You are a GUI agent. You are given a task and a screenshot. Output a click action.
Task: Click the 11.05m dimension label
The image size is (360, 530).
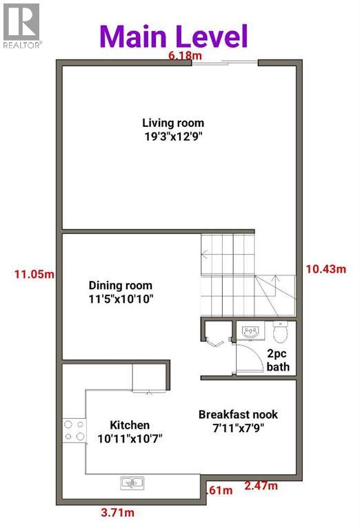(34, 274)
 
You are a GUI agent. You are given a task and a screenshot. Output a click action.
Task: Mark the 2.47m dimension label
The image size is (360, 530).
(261, 487)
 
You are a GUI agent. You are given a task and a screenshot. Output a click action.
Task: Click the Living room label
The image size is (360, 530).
(173, 124)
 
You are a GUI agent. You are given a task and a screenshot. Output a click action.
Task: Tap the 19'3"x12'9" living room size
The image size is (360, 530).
(173, 136)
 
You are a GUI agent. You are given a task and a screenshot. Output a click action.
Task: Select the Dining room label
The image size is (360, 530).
(120, 286)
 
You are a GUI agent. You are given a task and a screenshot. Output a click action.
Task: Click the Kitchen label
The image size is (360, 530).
(130, 425)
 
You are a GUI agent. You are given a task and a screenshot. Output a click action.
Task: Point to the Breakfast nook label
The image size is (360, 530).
(238, 414)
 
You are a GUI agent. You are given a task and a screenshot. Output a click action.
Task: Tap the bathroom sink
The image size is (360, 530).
(250, 332)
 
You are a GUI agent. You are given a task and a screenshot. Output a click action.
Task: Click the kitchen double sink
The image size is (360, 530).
(131, 484)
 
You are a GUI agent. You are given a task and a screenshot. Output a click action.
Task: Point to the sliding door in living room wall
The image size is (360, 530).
(225, 63)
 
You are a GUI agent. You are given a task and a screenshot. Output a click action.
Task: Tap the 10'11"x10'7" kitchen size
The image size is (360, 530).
(130, 438)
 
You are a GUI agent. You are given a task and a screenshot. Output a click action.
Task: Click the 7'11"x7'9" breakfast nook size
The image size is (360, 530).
(238, 426)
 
